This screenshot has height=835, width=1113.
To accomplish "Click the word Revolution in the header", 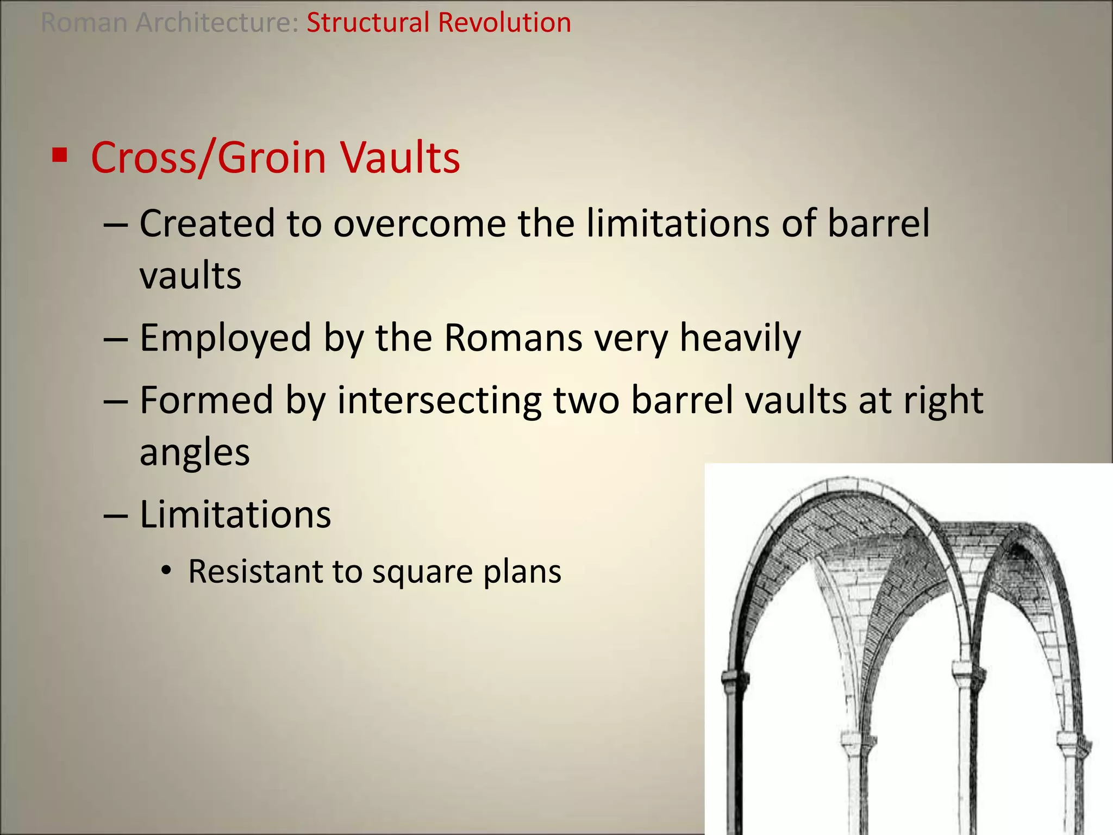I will [x=504, y=23].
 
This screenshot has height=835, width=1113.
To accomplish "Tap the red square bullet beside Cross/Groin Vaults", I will [x=59, y=155].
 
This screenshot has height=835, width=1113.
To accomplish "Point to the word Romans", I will [x=513, y=338].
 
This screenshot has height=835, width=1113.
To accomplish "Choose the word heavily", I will [x=740, y=338].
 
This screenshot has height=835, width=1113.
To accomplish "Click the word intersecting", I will [x=439, y=401].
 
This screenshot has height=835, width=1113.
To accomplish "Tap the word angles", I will [x=195, y=452].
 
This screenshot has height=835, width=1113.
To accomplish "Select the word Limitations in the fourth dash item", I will [x=235, y=514].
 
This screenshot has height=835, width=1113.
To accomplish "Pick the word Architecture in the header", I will [x=216, y=23].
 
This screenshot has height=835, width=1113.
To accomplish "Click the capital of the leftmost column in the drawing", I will [x=735, y=678].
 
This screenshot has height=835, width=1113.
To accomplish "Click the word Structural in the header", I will [x=368, y=23].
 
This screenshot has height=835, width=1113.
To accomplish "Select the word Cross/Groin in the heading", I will [x=208, y=158].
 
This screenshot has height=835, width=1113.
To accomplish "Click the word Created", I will [x=207, y=224].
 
